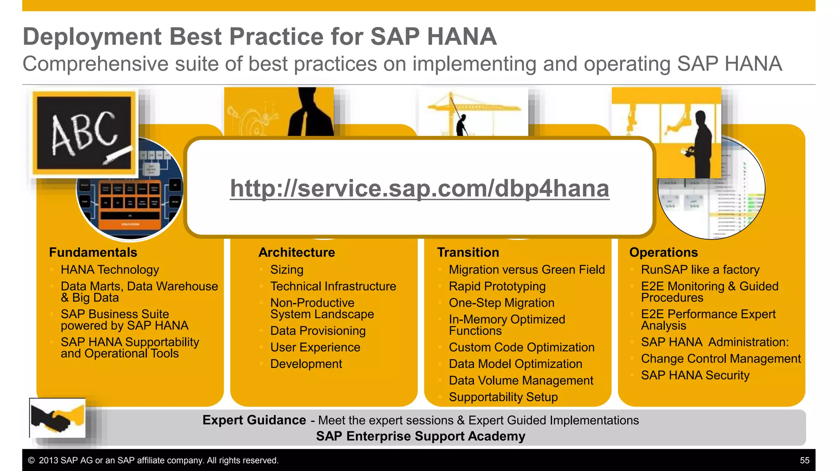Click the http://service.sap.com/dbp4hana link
click(x=419, y=188)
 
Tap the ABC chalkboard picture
click(x=84, y=133)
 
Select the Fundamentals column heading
click(x=93, y=252)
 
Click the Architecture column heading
click(x=297, y=252)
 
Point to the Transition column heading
click(x=468, y=252)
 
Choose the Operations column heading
click(x=663, y=252)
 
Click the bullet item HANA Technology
click(x=110, y=270)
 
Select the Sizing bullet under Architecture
click(x=286, y=270)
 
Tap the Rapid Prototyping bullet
click(x=497, y=286)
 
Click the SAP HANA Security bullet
click(x=695, y=375)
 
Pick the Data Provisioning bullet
click(x=318, y=331)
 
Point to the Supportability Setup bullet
click(x=503, y=397)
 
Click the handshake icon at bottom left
click(x=57, y=418)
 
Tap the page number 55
click(x=804, y=460)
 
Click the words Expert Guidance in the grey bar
click(x=254, y=420)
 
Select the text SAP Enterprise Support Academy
click(x=420, y=436)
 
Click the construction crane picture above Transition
click(x=473, y=111)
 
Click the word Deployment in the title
click(x=92, y=37)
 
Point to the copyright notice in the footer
click(x=153, y=460)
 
